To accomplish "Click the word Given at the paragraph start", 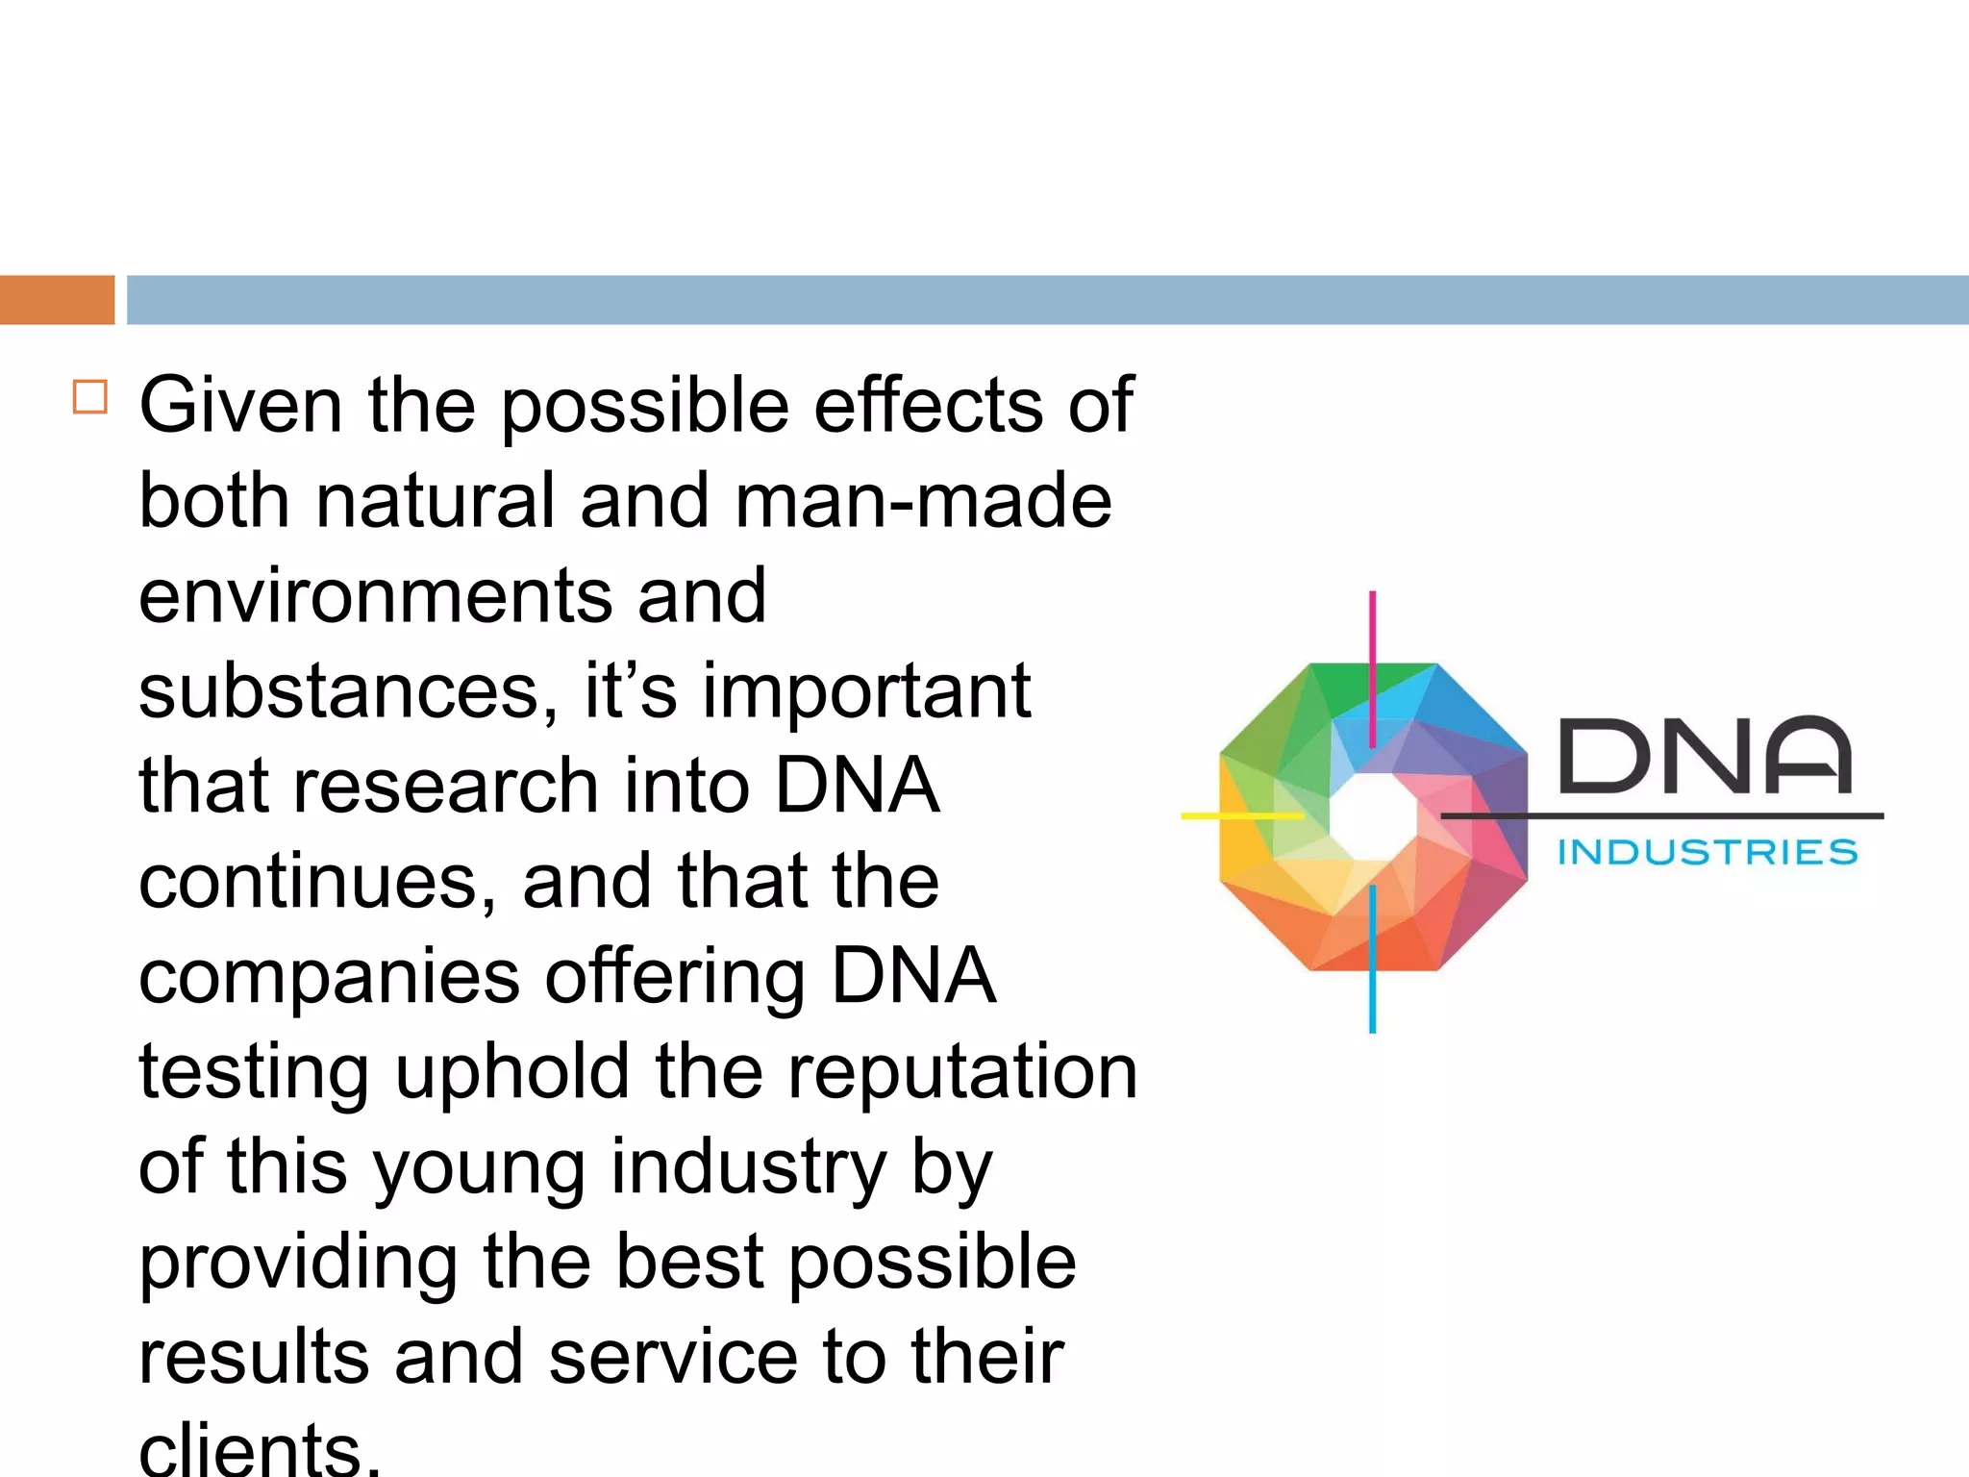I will click(240, 406).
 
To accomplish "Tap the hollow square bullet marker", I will click(90, 396).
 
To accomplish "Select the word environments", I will click(375, 596).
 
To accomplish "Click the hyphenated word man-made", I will click(923, 501).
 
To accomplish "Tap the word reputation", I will click(962, 1072).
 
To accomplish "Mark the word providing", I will click(298, 1263).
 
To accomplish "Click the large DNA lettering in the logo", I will click(1705, 756).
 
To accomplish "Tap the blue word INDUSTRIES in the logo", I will click(1707, 852).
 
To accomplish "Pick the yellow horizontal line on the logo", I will click(1240, 815).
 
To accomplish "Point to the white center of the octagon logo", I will click(1373, 815).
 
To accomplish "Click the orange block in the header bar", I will click(57, 300).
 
